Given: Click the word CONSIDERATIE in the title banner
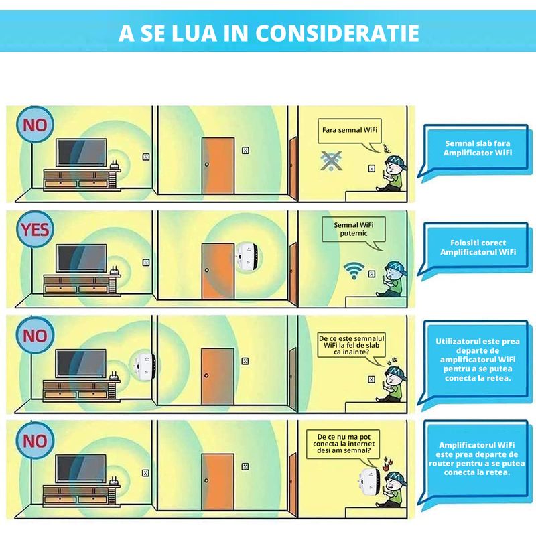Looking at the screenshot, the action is pyautogui.click(x=337, y=33).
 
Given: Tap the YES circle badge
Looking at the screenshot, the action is pyautogui.click(x=35, y=229).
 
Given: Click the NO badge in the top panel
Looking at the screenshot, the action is pyautogui.click(x=35, y=125).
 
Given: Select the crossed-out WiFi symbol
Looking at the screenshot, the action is pyautogui.click(x=331, y=161).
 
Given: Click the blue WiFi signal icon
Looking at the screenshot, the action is pyautogui.click(x=354, y=271).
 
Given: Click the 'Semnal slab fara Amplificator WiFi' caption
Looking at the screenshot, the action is pyautogui.click(x=477, y=148).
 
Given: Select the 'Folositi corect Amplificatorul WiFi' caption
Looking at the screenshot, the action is pyautogui.click(x=477, y=247).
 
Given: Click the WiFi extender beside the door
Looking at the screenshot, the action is pyautogui.click(x=248, y=257).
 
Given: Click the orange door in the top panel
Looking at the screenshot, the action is pyautogui.click(x=218, y=165).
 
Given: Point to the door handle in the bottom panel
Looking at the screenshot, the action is pyautogui.click(x=206, y=480).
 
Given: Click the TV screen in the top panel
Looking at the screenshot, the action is pyautogui.click(x=81, y=153).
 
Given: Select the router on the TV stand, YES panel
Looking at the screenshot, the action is pyautogui.click(x=115, y=271).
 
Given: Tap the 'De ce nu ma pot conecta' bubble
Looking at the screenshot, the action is pyautogui.click(x=342, y=444).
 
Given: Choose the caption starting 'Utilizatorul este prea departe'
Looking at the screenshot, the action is pyautogui.click(x=477, y=360).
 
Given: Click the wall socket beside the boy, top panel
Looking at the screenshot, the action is pyautogui.click(x=372, y=168).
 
